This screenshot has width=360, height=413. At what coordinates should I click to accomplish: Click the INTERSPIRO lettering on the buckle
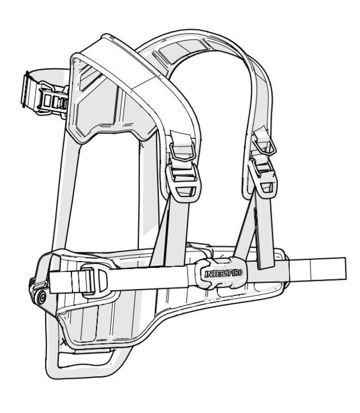223,273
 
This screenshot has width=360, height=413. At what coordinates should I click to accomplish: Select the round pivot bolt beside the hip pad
42,298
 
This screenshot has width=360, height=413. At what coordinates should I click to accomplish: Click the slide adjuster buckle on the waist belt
93,279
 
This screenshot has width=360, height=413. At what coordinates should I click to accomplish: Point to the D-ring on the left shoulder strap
182,152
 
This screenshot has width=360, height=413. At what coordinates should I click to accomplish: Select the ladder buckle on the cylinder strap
53,100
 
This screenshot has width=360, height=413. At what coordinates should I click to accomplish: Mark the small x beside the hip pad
63,342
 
